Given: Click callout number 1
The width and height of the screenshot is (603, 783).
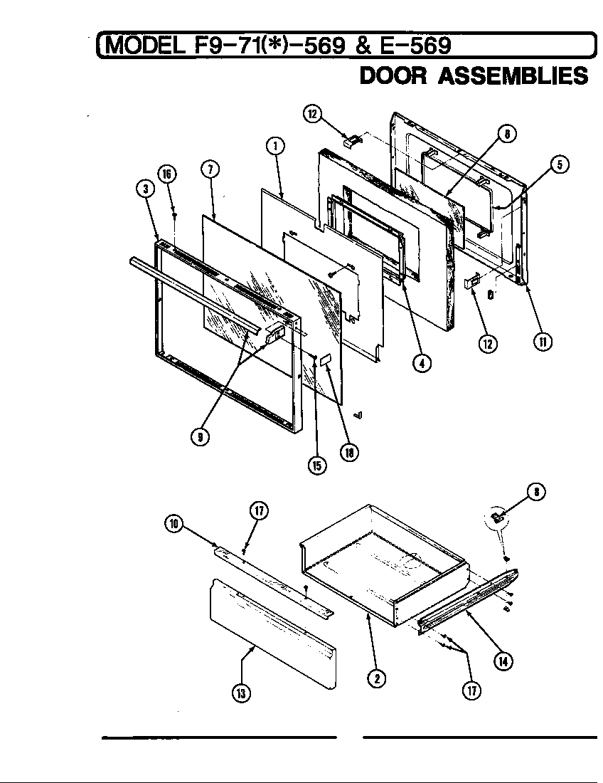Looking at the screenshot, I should click(275, 146).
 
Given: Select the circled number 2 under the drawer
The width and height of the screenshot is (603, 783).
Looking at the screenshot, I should click(376, 678).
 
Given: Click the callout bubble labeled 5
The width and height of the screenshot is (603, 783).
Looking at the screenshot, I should click(559, 165).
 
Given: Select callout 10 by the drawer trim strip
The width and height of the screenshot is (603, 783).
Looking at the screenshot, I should click(174, 525).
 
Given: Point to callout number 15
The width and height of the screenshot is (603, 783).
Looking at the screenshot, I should click(316, 465).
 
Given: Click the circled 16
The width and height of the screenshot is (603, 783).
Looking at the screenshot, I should click(168, 174).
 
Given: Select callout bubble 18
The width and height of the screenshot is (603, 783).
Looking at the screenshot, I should click(348, 451).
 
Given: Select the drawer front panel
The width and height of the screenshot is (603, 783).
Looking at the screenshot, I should click(270, 634).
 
